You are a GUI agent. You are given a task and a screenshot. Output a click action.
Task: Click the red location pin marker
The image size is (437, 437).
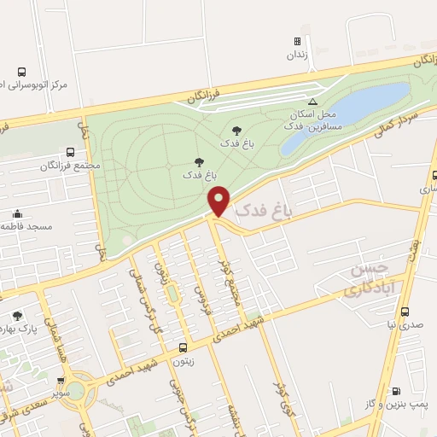click(x=219, y=201)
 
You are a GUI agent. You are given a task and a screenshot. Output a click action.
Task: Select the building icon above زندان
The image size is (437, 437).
click(x=297, y=41)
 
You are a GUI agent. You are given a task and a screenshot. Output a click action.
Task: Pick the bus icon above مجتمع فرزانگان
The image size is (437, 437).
click(x=70, y=151)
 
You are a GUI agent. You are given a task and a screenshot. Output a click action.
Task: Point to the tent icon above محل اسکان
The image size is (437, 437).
click(x=312, y=101)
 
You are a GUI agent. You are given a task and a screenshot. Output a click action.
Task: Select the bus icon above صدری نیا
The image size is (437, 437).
click(x=405, y=312)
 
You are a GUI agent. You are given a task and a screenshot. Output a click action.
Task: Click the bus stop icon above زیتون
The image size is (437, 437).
click(x=183, y=347)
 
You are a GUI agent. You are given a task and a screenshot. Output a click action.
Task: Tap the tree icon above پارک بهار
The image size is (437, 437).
click(x=17, y=317)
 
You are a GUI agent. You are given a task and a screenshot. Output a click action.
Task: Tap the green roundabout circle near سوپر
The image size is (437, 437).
click(x=75, y=390)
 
